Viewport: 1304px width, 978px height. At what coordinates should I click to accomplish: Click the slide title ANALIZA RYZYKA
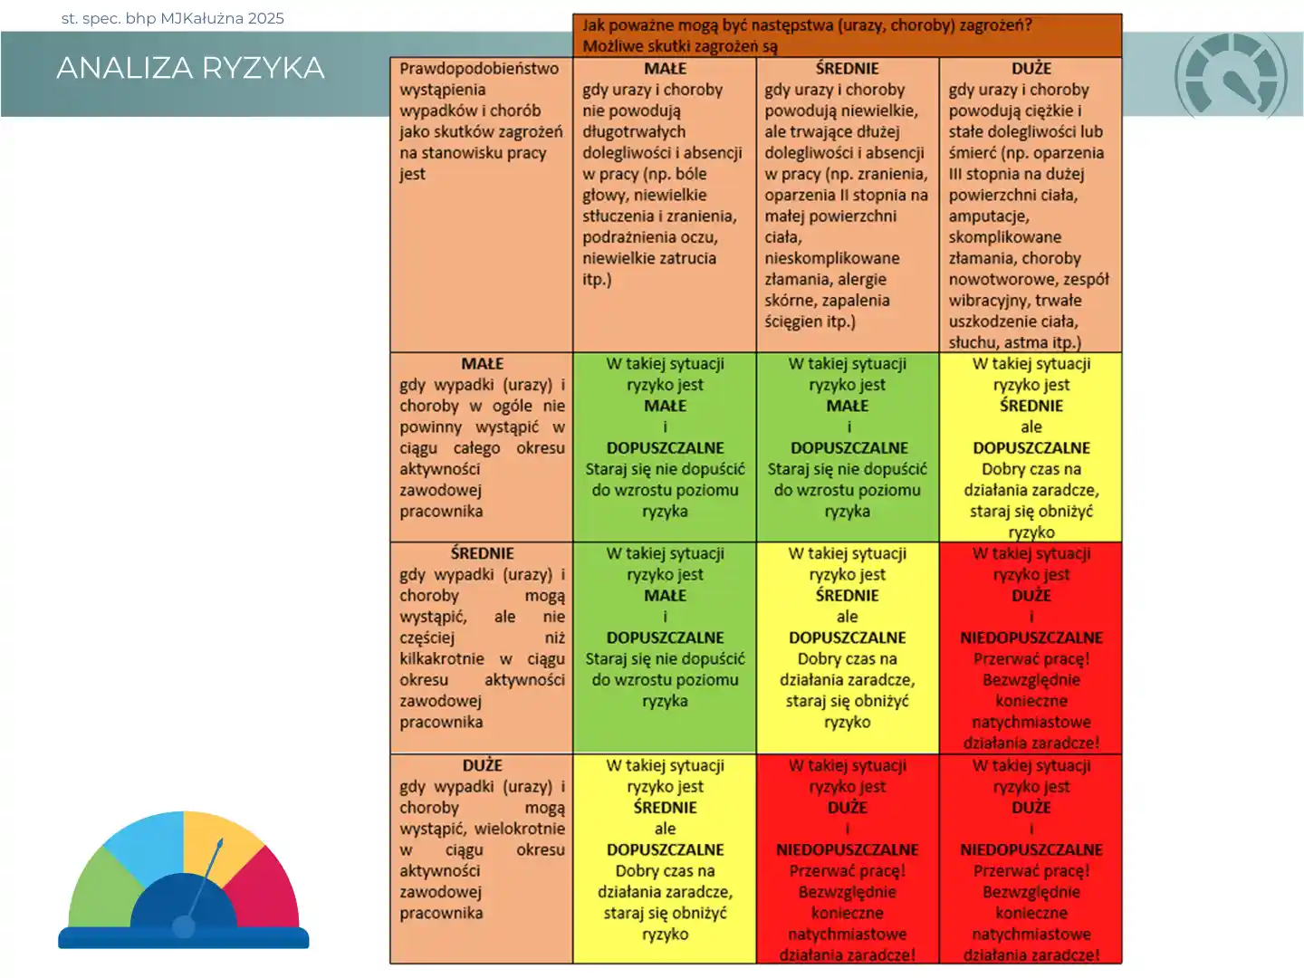[190, 68]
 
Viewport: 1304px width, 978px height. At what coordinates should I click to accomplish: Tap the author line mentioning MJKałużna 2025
[172, 18]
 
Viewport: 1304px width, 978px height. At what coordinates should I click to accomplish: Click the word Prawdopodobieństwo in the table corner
[479, 69]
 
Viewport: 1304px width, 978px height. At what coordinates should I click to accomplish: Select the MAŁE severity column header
[665, 69]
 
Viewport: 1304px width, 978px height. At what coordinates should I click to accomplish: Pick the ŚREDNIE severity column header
[847, 69]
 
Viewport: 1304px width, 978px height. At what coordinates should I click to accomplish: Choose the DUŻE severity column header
[1031, 69]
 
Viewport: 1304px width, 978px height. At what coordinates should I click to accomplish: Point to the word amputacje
[988, 216]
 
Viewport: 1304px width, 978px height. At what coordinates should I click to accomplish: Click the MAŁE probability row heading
[482, 364]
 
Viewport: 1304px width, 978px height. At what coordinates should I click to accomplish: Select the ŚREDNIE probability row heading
[482, 553]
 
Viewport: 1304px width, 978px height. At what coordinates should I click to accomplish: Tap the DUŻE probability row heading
[482, 765]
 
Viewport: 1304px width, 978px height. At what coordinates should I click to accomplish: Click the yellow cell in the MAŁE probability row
[1031, 448]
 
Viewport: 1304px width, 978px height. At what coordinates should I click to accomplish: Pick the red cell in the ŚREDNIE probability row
[1031, 647]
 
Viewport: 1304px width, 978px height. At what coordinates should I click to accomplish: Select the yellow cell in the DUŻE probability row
[665, 858]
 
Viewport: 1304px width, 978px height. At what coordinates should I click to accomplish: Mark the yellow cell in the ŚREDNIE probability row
[847, 647]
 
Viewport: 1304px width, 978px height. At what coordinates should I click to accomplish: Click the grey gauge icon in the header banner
[1231, 76]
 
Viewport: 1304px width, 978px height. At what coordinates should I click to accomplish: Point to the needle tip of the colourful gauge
[220, 842]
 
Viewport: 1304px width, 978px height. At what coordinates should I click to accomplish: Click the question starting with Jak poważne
[806, 25]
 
